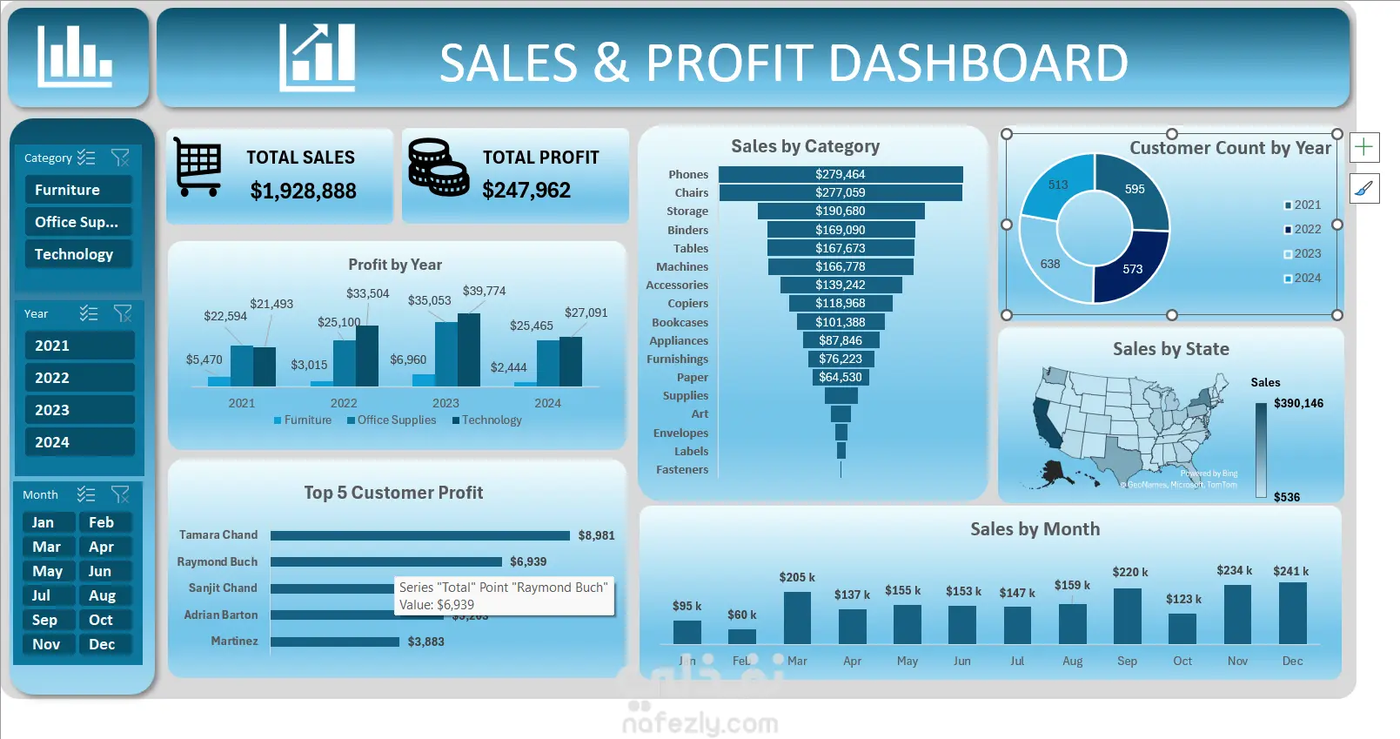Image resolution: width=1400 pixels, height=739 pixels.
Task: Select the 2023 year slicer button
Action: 79,410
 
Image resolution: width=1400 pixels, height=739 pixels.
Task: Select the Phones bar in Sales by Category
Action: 840,174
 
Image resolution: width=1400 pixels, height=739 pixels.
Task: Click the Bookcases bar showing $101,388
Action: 840,322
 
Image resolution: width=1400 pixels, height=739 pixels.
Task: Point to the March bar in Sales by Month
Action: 797,618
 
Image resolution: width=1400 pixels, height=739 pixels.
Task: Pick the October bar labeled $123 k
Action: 1182,628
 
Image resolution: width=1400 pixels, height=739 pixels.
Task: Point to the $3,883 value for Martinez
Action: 425,642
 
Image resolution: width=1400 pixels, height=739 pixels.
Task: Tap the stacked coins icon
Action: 438,166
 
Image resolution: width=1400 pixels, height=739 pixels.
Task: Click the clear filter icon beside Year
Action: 123,313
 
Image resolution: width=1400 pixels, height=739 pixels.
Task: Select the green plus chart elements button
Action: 1363,147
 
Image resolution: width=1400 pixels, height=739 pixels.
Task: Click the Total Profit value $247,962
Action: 526,191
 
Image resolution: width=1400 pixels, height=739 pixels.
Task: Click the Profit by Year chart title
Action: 395,265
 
